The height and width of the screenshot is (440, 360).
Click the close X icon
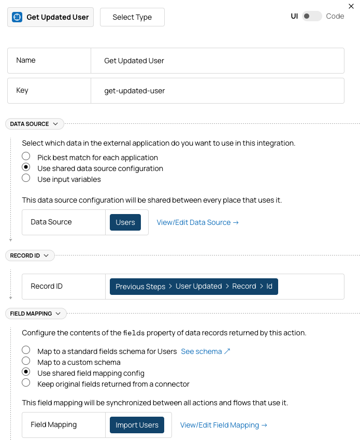351,6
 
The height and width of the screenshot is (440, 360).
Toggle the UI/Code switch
312,16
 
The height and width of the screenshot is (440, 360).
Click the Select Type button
132,17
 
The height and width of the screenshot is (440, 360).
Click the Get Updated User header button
50,17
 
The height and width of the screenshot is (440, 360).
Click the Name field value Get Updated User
134,61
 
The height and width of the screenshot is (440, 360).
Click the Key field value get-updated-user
135,91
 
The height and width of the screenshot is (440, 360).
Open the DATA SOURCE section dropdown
34,124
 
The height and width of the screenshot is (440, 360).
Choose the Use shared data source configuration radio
26,167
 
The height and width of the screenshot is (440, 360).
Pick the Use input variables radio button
26,178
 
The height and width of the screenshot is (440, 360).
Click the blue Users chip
125,222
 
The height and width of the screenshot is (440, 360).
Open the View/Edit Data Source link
197,222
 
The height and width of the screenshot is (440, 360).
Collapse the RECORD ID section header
30,256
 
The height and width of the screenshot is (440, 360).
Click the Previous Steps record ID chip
194,287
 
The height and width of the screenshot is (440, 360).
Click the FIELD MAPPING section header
35,314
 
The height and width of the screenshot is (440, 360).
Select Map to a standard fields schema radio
26,350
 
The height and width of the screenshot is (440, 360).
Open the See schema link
205,351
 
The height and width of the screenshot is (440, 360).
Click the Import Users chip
137,425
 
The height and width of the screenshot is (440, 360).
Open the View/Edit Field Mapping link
223,425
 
